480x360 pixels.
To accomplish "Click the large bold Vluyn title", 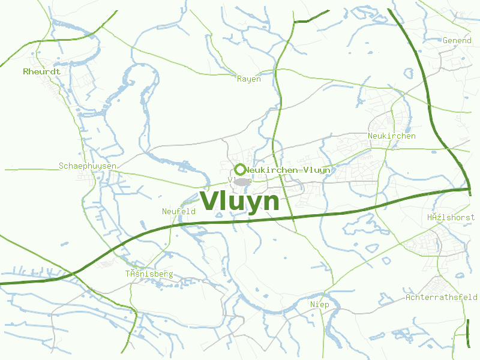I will pyautogui.click(x=240, y=201).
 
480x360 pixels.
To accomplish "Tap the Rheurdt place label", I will pyautogui.click(x=41, y=71).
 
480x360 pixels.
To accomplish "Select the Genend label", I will pyautogui.click(x=457, y=40).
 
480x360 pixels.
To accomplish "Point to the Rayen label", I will pyautogui.click(x=249, y=79).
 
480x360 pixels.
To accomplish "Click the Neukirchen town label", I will pyautogui.click(x=391, y=136).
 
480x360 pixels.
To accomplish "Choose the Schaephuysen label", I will pyautogui.click(x=88, y=166).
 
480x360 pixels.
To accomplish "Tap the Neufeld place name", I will pyautogui.click(x=179, y=211).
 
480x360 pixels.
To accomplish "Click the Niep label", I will pyautogui.click(x=320, y=305).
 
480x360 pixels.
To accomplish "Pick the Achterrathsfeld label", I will pyautogui.click(x=442, y=297).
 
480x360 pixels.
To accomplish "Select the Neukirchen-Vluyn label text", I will pyautogui.click(x=287, y=170).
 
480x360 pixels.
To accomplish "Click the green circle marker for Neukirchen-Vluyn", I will pyautogui.click(x=240, y=170).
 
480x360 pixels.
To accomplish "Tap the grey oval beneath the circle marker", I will pyautogui.click(x=242, y=181).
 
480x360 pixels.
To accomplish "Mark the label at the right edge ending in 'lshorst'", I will pyautogui.click(x=451, y=217).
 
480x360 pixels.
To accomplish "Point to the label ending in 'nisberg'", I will pyautogui.click(x=149, y=274).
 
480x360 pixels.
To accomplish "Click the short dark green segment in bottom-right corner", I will pyautogui.click(x=468, y=333).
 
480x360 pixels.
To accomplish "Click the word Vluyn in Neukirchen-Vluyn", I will pyautogui.click(x=317, y=170).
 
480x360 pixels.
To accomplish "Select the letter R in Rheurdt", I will pyautogui.click(x=26, y=71).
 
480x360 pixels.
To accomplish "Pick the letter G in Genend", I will pyautogui.click(x=445, y=40).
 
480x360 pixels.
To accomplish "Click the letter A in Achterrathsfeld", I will pyautogui.click(x=409, y=297).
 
